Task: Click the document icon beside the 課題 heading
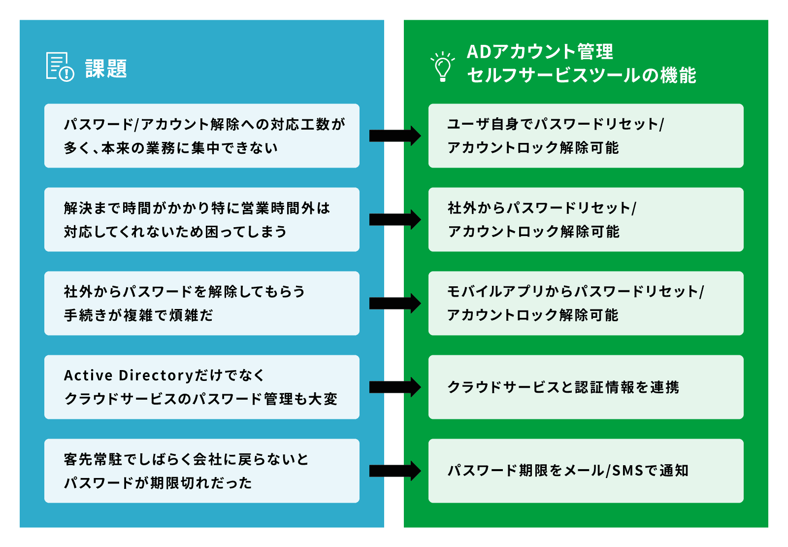click(60, 67)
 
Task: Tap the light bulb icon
click(442, 67)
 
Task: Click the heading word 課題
click(106, 68)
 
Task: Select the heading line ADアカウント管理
click(540, 52)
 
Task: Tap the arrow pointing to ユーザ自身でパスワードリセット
click(394, 136)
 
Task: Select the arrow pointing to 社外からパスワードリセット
click(394, 219)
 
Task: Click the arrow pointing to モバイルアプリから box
click(394, 303)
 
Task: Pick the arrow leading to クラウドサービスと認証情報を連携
click(394, 387)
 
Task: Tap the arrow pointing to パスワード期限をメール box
click(394, 471)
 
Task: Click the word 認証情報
click(605, 387)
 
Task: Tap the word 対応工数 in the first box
click(300, 124)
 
